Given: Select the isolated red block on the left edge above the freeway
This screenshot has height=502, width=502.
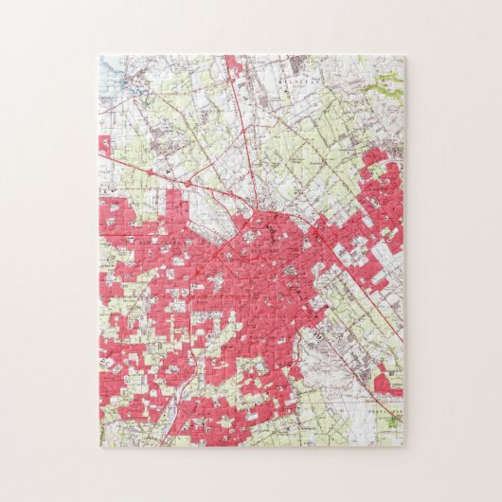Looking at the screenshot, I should (x=103, y=145).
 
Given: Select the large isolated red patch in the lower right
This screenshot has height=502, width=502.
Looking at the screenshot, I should (x=384, y=384).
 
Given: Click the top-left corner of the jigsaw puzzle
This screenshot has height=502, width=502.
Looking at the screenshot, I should (x=99, y=56).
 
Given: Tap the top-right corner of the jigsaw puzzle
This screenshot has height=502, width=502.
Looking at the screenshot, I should (x=404, y=56).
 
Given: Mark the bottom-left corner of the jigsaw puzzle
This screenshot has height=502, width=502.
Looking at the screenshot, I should (x=99, y=445).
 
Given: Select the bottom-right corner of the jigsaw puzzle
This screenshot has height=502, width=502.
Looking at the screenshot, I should (x=404, y=445).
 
